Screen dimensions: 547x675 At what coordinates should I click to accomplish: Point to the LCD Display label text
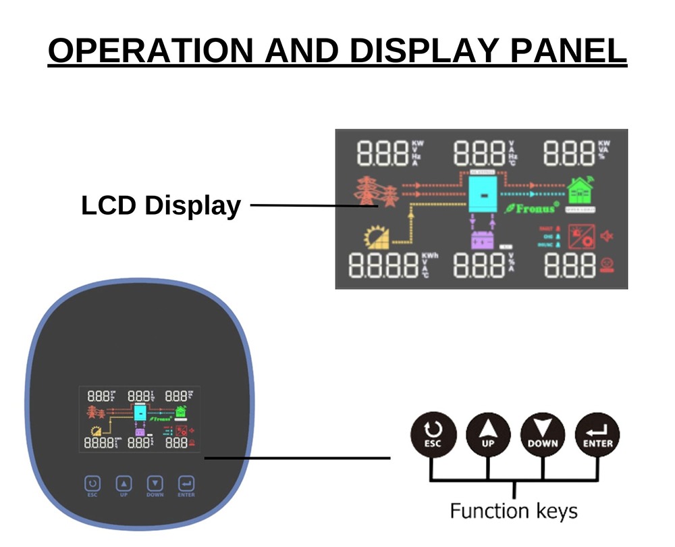(x=161, y=205)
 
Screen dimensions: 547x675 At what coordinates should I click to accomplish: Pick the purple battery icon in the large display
(x=482, y=240)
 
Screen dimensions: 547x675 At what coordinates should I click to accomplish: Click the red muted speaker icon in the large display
(x=610, y=236)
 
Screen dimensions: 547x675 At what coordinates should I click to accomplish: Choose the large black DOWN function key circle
(x=543, y=434)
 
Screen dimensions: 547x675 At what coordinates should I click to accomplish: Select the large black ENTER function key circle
(x=597, y=434)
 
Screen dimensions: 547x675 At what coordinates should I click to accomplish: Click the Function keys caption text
(x=514, y=510)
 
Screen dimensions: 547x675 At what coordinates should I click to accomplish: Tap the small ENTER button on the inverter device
(x=186, y=484)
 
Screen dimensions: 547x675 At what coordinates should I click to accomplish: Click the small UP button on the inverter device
(x=124, y=484)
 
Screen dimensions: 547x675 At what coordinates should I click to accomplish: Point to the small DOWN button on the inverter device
(x=155, y=484)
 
